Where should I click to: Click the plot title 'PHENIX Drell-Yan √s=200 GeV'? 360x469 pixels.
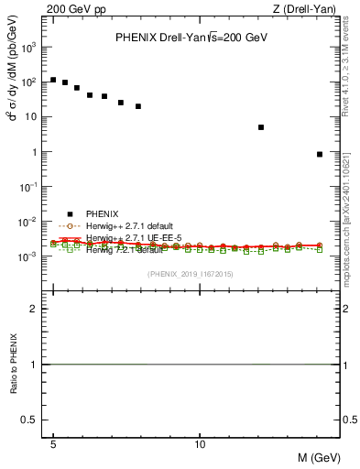[x=191, y=38]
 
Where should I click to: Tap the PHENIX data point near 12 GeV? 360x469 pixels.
[x=261, y=127]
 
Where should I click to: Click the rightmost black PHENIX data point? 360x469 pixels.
[x=319, y=154]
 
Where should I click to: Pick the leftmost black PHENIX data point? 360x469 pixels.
[x=54, y=80]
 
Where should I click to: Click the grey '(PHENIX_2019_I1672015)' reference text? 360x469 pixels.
[x=191, y=275]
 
